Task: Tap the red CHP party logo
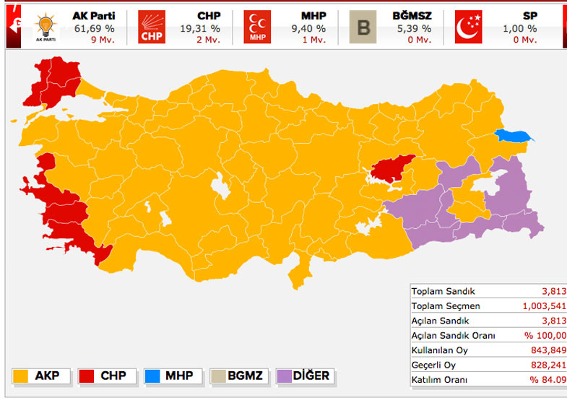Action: pos(152,27)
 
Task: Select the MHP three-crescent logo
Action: pos(257,27)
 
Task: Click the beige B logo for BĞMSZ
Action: pos(363,27)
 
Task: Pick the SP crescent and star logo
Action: pos(469,27)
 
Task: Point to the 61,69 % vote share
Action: pos(94,28)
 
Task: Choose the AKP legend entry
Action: pos(42,376)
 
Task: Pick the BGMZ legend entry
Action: pos(239,376)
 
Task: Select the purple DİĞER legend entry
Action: pos(303,376)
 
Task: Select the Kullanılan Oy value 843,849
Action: pos(547,350)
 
